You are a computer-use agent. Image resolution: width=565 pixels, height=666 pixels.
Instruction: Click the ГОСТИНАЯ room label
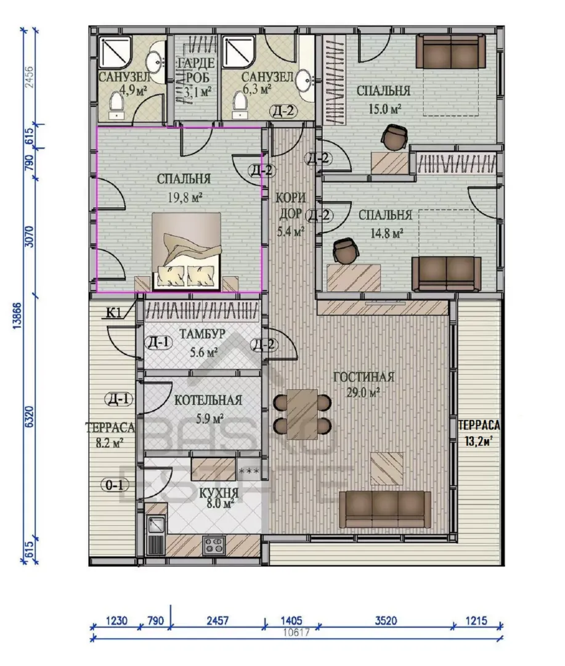click(x=364, y=377)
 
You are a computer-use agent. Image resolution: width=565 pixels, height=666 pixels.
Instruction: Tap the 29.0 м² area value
click(x=363, y=392)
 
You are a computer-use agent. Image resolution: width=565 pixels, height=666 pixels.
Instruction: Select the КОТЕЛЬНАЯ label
click(x=208, y=400)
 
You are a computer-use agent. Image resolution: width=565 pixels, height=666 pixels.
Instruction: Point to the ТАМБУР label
click(x=202, y=334)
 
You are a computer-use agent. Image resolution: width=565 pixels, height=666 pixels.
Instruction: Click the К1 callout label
click(x=114, y=313)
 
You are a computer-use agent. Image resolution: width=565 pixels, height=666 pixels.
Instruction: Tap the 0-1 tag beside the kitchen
click(x=114, y=485)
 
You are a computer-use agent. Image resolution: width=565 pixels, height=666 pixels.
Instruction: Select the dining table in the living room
click(x=303, y=414)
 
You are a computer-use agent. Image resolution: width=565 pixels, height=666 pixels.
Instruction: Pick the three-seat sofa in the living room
click(x=385, y=509)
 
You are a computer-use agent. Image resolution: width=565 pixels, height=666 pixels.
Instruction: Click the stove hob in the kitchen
click(x=214, y=545)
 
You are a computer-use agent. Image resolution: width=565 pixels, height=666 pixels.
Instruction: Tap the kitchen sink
click(x=156, y=525)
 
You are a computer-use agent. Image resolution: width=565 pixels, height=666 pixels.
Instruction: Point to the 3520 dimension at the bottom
click(x=386, y=620)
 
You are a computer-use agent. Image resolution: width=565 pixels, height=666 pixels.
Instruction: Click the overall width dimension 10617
click(x=296, y=633)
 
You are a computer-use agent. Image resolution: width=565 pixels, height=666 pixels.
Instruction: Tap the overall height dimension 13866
click(x=17, y=316)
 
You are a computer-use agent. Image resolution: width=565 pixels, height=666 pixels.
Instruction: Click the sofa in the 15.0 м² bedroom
click(x=450, y=51)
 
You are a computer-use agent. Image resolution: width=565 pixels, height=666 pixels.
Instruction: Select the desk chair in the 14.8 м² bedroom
click(x=346, y=250)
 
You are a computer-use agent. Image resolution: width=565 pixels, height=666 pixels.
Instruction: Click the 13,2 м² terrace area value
click(x=478, y=441)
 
